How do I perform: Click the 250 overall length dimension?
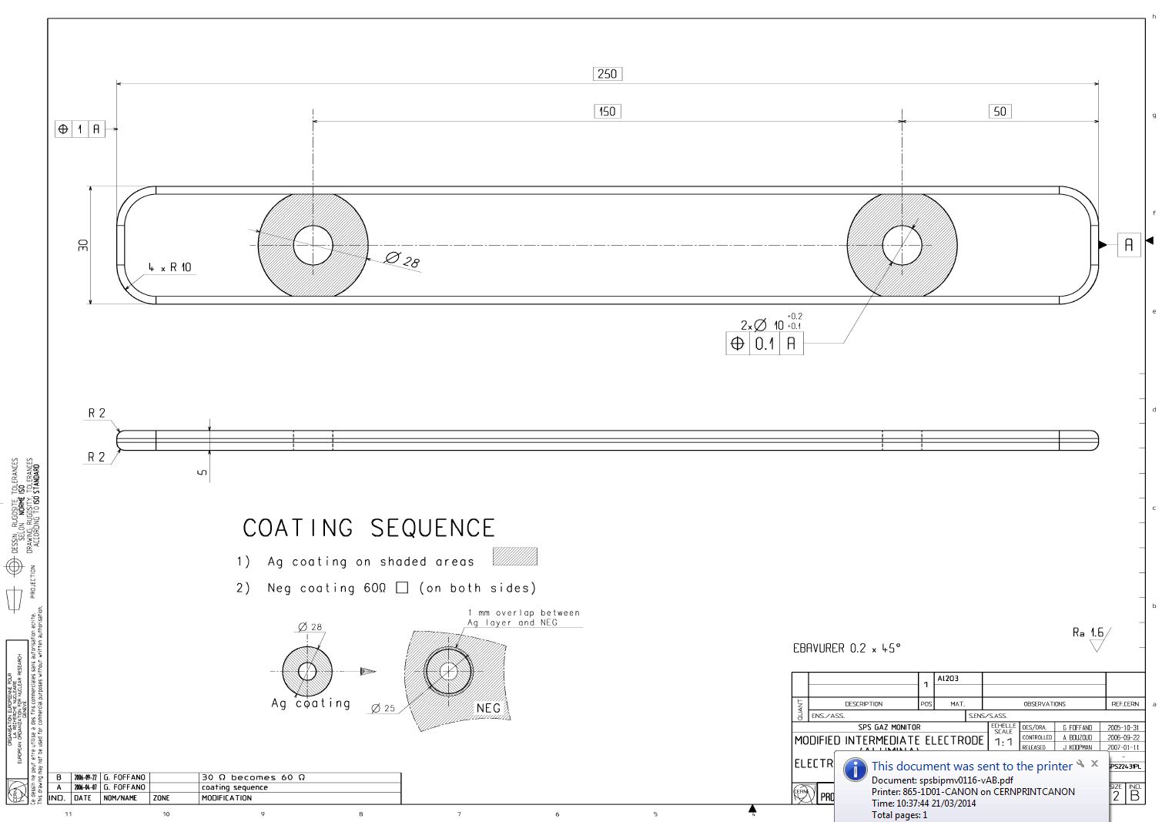(607, 74)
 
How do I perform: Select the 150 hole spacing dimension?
(607, 112)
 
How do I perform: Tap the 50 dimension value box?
(1000, 112)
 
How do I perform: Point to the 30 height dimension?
(83, 245)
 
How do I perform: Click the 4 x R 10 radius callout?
(170, 267)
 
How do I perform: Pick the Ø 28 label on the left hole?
(403, 260)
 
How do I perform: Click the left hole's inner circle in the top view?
(313, 245)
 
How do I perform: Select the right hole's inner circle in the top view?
(902, 245)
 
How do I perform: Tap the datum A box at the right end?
(1128, 245)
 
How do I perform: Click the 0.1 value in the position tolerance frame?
(765, 344)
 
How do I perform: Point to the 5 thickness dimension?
(203, 471)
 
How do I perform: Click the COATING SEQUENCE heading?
(369, 528)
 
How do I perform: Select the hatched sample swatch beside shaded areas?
(514, 556)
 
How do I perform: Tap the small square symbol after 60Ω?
(401, 588)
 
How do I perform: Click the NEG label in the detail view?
(488, 708)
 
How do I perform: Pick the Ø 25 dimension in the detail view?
(383, 708)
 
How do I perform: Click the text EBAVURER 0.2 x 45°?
(846, 649)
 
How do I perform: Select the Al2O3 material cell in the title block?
(948, 679)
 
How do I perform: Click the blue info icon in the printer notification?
(855, 770)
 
